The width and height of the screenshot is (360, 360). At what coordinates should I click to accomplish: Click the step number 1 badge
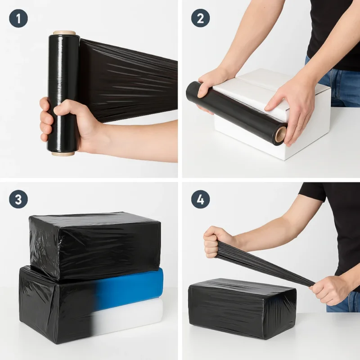click(x=18, y=18)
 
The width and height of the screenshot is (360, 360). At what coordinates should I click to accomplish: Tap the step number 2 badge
click(x=200, y=18)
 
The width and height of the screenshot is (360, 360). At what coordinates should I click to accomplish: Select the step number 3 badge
click(x=18, y=199)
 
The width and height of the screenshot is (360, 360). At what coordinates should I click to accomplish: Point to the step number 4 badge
click(x=200, y=199)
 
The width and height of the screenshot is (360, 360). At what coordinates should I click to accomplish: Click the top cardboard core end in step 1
click(x=64, y=33)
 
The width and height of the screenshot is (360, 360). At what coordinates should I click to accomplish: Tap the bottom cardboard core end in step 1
click(x=63, y=153)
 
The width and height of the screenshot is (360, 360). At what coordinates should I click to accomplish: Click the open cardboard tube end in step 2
click(x=281, y=135)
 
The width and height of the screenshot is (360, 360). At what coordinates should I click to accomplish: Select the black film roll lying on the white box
click(x=237, y=112)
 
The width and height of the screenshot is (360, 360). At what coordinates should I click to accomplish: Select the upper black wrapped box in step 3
click(x=94, y=247)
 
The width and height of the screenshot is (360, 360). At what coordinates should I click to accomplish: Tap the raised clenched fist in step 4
click(x=216, y=242)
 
